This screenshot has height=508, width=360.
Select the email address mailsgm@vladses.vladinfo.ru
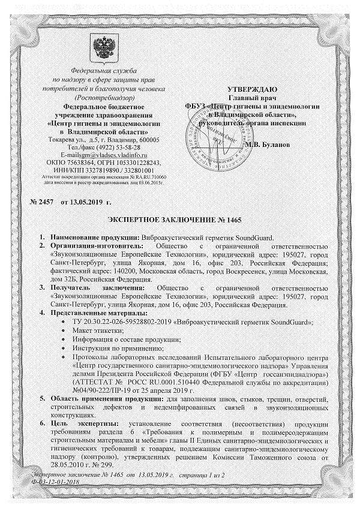[x=107, y=155]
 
